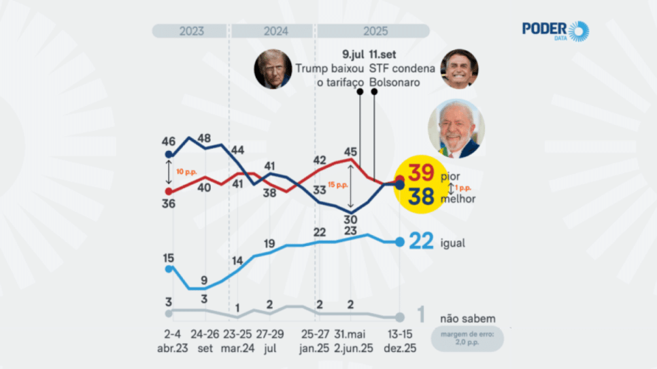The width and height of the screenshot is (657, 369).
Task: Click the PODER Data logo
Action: tap(555, 31)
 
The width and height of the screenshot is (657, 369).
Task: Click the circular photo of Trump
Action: tap(273, 69)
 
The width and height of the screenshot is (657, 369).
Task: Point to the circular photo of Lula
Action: tap(456, 128)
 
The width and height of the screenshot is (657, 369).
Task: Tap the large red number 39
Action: tap(421, 175)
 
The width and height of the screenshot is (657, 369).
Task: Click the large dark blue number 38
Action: tap(421, 198)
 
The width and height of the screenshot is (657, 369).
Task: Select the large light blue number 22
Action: tap(422, 242)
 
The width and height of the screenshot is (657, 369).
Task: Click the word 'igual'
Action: tap(452, 243)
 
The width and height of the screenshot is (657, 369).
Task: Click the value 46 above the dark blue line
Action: tap(169, 141)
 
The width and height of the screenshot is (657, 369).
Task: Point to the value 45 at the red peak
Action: tap(351, 151)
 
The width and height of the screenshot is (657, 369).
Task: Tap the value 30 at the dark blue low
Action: tap(351, 219)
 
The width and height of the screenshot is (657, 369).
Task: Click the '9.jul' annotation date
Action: tap(352, 54)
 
